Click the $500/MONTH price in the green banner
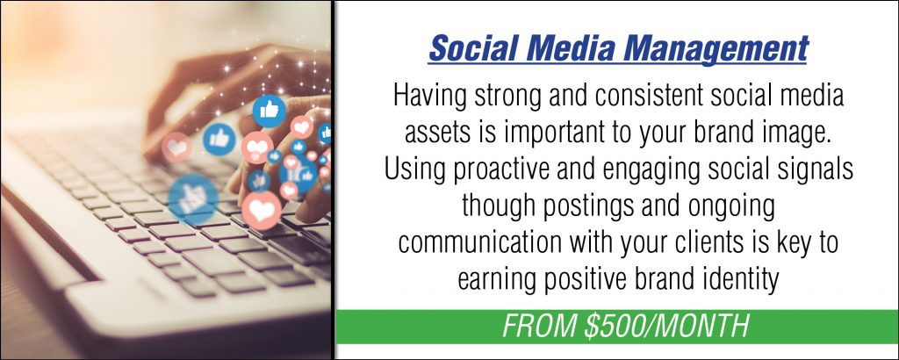[x=667, y=327]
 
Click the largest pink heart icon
[x=262, y=211]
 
